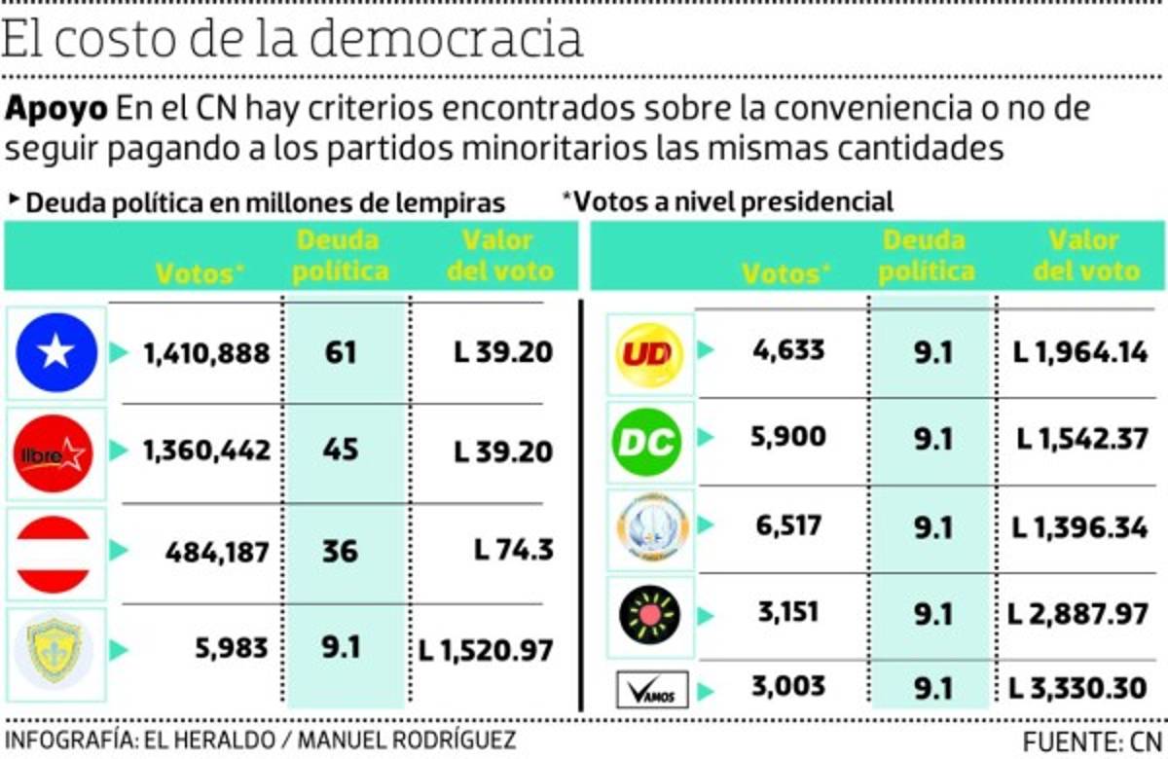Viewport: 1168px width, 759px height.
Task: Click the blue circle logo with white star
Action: pyautogui.click(x=56, y=352)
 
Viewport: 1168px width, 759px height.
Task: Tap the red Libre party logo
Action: pyautogui.click(x=55, y=453)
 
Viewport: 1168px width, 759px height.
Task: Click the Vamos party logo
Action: pyautogui.click(x=652, y=691)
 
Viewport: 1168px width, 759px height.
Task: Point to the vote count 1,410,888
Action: pyautogui.click(x=206, y=353)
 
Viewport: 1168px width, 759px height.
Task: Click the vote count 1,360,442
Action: pyautogui.click(x=206, y=452)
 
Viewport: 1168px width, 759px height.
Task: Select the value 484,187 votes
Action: pyautogui.click(x=217, y=552)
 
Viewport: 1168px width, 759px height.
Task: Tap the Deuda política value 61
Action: pyautogui.click(x=341, y=352)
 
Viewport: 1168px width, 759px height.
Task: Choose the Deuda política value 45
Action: pyautogui.click(x=341, y=451)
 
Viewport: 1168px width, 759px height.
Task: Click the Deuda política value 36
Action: pyautogui.click(x=341, y=551)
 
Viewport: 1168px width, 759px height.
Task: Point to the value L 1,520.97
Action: pyautogui.click(x=487, y=649)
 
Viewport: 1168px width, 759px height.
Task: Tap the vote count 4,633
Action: pyautogui.click(x=788, y=349)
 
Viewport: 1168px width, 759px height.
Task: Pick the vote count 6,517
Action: pyautogui.click(x=788, y=526)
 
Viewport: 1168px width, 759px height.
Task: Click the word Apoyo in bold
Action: pyautogui.click(x=57, y=109)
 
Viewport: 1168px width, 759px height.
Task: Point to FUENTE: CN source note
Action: pyautogui.click(x=1092, y=741)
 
